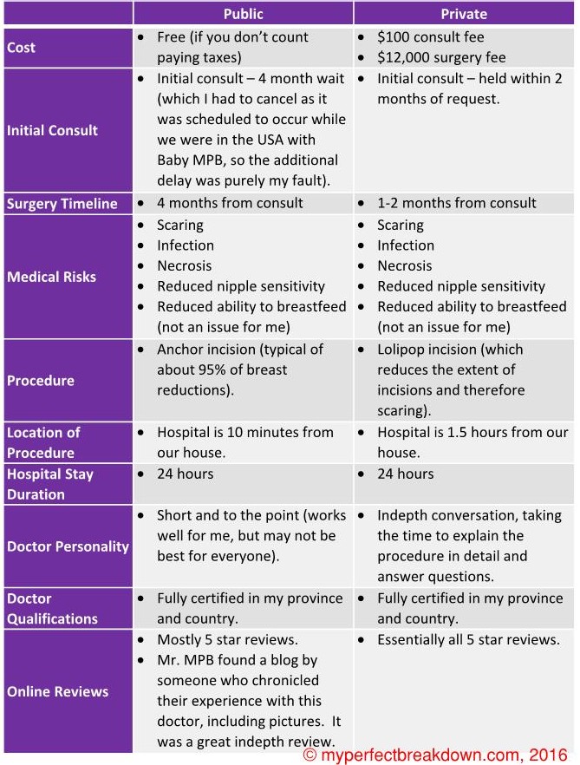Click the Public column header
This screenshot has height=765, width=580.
[x=243, y=13]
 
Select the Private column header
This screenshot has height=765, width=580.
[x=464, y=13]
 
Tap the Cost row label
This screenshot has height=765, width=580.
[x=21, y=48]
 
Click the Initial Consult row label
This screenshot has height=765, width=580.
[x=52, y=130]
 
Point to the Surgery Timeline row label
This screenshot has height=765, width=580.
[x=62, y=204]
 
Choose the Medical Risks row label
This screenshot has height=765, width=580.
[x=51, y=277]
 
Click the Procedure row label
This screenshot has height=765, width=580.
[x=41, y=380]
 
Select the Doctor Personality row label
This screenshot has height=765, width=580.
[x=68, y=546]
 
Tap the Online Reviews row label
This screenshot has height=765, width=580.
[x=58, y=691]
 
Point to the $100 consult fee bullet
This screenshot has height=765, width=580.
[x=431, y=37]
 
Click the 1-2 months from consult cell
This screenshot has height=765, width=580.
[x=456, y=203]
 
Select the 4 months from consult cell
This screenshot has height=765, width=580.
[x=230, y=203]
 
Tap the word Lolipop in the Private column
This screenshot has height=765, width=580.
[x=405, y=349]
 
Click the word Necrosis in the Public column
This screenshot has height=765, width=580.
[x=184, y=265]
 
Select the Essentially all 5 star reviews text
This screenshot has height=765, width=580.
[x=467, y=639]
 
